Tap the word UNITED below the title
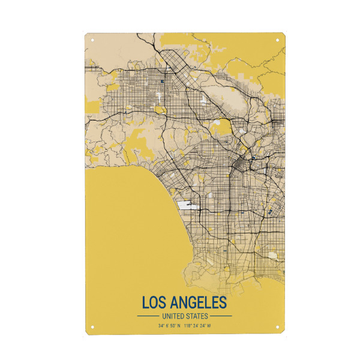[x=173, y=316]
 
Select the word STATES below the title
[x=197, y=316]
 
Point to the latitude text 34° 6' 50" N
[x=169, y=326]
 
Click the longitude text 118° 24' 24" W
[x=197, y=326]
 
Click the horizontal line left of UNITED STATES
[x=148, y=316]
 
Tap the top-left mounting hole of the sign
[x=92, y=41]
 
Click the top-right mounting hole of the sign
[x=277, y=41]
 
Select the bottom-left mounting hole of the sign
[x=92, y=327]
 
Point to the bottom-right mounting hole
[x=277, y=327]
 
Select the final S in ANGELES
[x=223, y=301]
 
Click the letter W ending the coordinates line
[x=209, y=326]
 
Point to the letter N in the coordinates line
[x=179, y=326]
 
